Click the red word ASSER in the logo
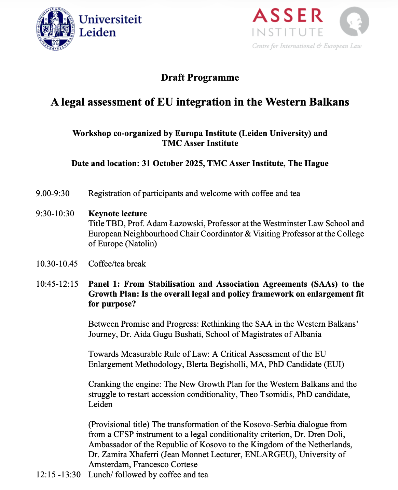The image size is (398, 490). coord(288,16)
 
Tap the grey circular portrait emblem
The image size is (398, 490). coord(354,21)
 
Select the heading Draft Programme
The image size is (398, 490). coord(200,78)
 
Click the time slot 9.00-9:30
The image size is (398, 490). coord(53,193)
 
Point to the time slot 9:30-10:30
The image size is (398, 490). coord(55,214)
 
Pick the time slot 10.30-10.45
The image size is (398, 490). coord(57,264)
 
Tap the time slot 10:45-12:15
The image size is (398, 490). coord(57,284)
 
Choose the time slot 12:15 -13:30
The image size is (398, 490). coord(58,475)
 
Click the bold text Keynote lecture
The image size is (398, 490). coord(118,214)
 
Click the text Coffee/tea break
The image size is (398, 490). coord(117,264)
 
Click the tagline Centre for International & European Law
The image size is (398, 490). coord(306,46)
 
